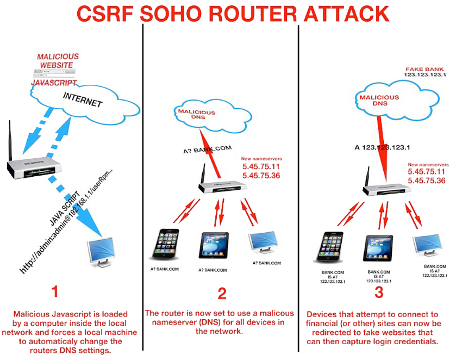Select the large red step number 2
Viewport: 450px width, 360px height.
[x=222, y=294]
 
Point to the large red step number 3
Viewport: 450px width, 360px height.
[x=379, y=293]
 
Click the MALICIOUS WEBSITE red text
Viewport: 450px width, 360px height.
[x=57, y=61]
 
